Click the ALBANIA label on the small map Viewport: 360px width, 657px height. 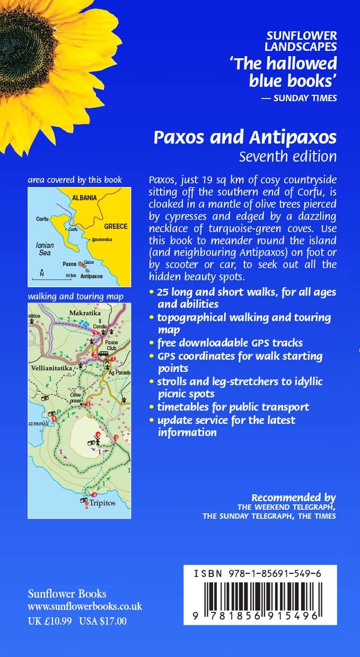(x=85, y=198)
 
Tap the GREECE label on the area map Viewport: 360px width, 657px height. (x=116, y=226)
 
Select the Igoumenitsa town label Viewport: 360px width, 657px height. (x=102, y=239)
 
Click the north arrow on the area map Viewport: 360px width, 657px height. (x=41, y=273)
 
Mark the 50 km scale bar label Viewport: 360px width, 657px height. (x=71, y=276)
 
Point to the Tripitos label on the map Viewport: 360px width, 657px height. (x=102, y=502)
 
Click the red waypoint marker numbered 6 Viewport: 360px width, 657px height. (x=95, y=495)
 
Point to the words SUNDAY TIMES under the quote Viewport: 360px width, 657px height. (x=305, y=97)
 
